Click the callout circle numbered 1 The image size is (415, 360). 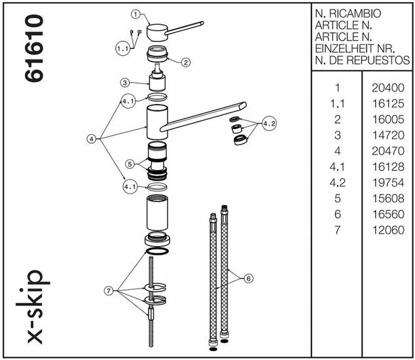pyautogui.click(x=135, y=14)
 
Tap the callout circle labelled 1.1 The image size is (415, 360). pyautogui.click(x=123, y=48)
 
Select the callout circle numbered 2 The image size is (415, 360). pyautogui.click(x=186, y=62)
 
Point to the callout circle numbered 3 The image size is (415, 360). pyautogui.click(x=125, y=82)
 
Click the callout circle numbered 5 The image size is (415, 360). pyautogui.click(x=130, y=164)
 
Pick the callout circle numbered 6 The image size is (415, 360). pyautogui.click(x=248, y=278)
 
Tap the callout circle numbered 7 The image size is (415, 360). pyautogui.click(x=109, y=291)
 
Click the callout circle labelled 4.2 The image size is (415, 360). pyautogui.click(x=270, y=123)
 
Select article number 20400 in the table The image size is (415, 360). pyautogui.click(x=388, y=88)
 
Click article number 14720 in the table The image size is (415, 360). pyautogui.click(x=388, y=135)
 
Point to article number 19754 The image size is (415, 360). pyautogui.click(x=388, y=183)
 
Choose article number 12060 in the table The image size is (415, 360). pyautogui.click(x=388, y=230)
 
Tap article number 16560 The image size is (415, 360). pyautogui.click(x=388, y=214)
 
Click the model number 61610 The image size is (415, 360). pyautogui.click(x=34, y=48)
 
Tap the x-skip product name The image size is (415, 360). pyautogui.click(x=33, y=307)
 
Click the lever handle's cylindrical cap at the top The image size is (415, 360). pyautogui.click(x=158, y=32)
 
